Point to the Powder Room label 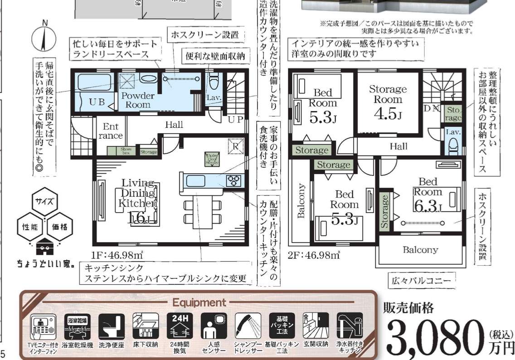coord(138,100)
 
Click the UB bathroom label coord(96,102)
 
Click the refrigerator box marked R coord(236,146)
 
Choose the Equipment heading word coord(199,302)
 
